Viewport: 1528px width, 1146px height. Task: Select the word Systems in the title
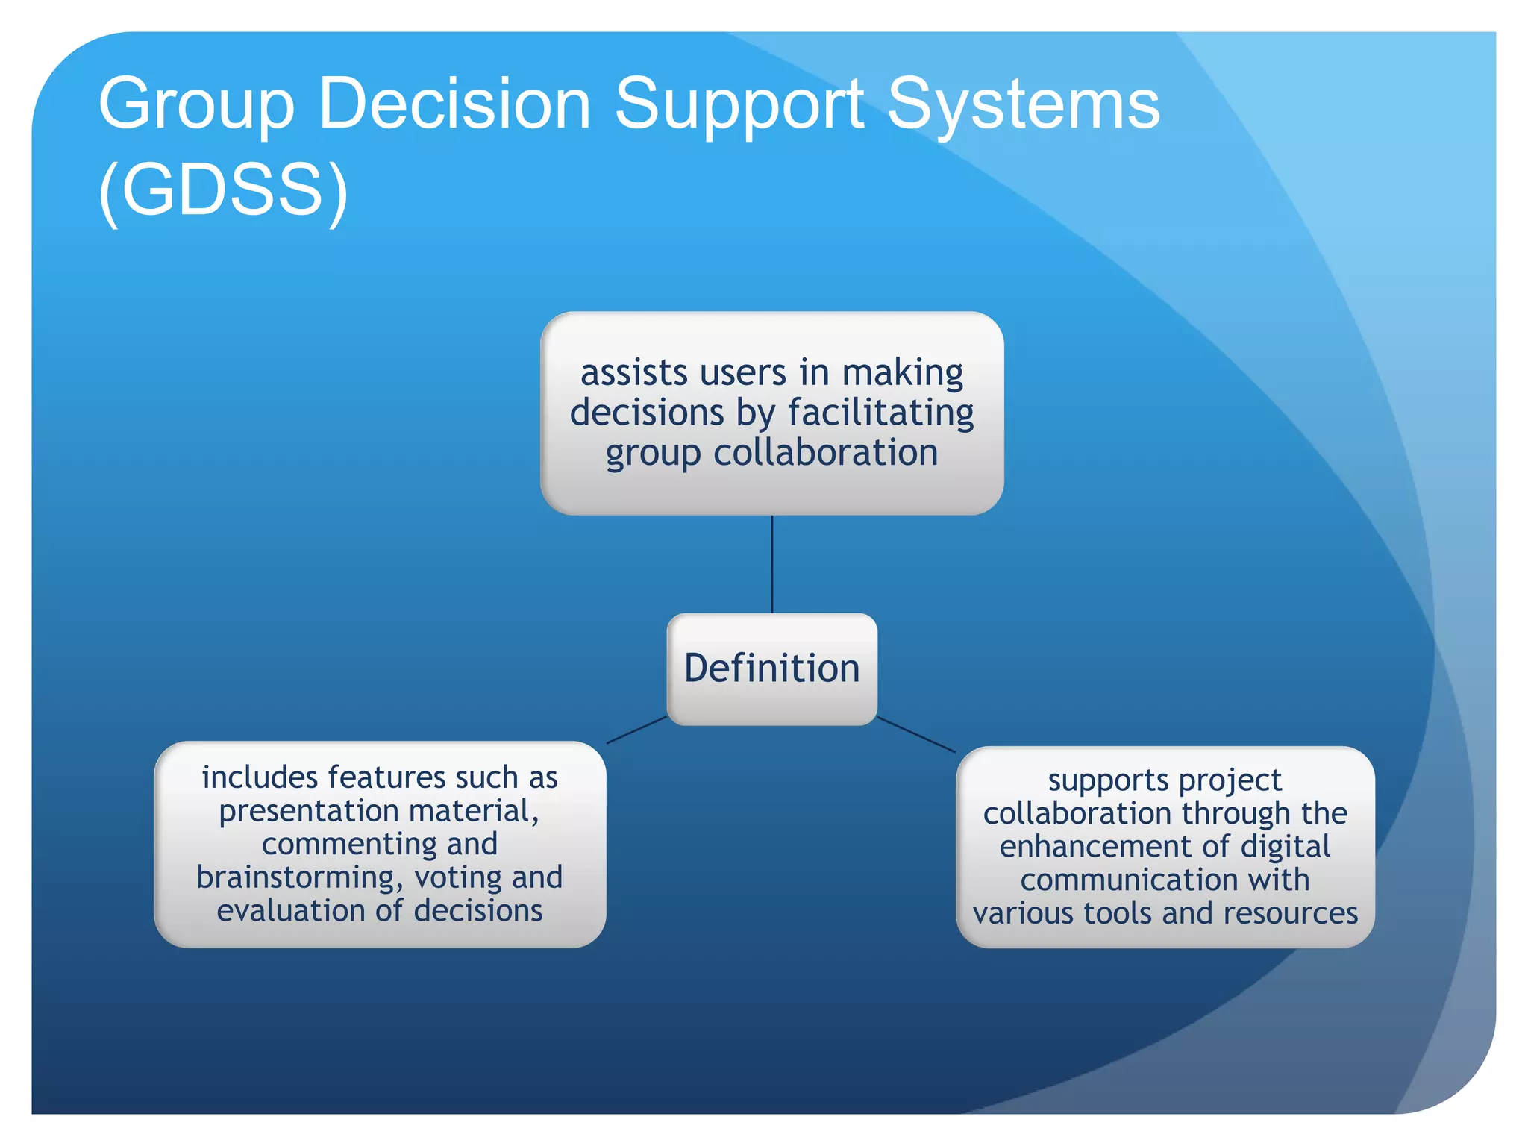1023,104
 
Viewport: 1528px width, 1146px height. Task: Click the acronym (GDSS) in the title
223,190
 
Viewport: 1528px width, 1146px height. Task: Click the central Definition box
771,668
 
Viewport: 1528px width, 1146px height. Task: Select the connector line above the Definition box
771,564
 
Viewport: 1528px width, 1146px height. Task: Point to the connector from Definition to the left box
636,730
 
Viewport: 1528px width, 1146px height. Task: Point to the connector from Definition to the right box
916,735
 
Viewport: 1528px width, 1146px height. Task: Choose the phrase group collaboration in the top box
771,453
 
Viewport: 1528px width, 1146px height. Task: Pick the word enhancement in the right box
1098,847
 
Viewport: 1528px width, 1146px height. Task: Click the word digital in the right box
1285,847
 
